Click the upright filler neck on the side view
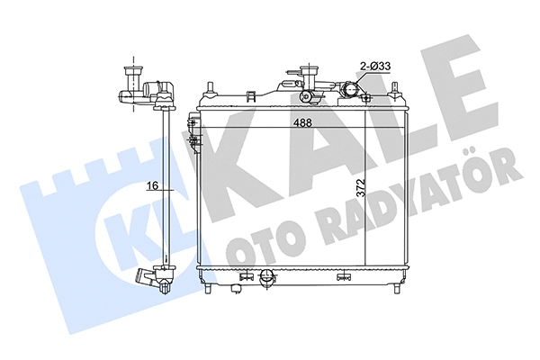135,76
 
